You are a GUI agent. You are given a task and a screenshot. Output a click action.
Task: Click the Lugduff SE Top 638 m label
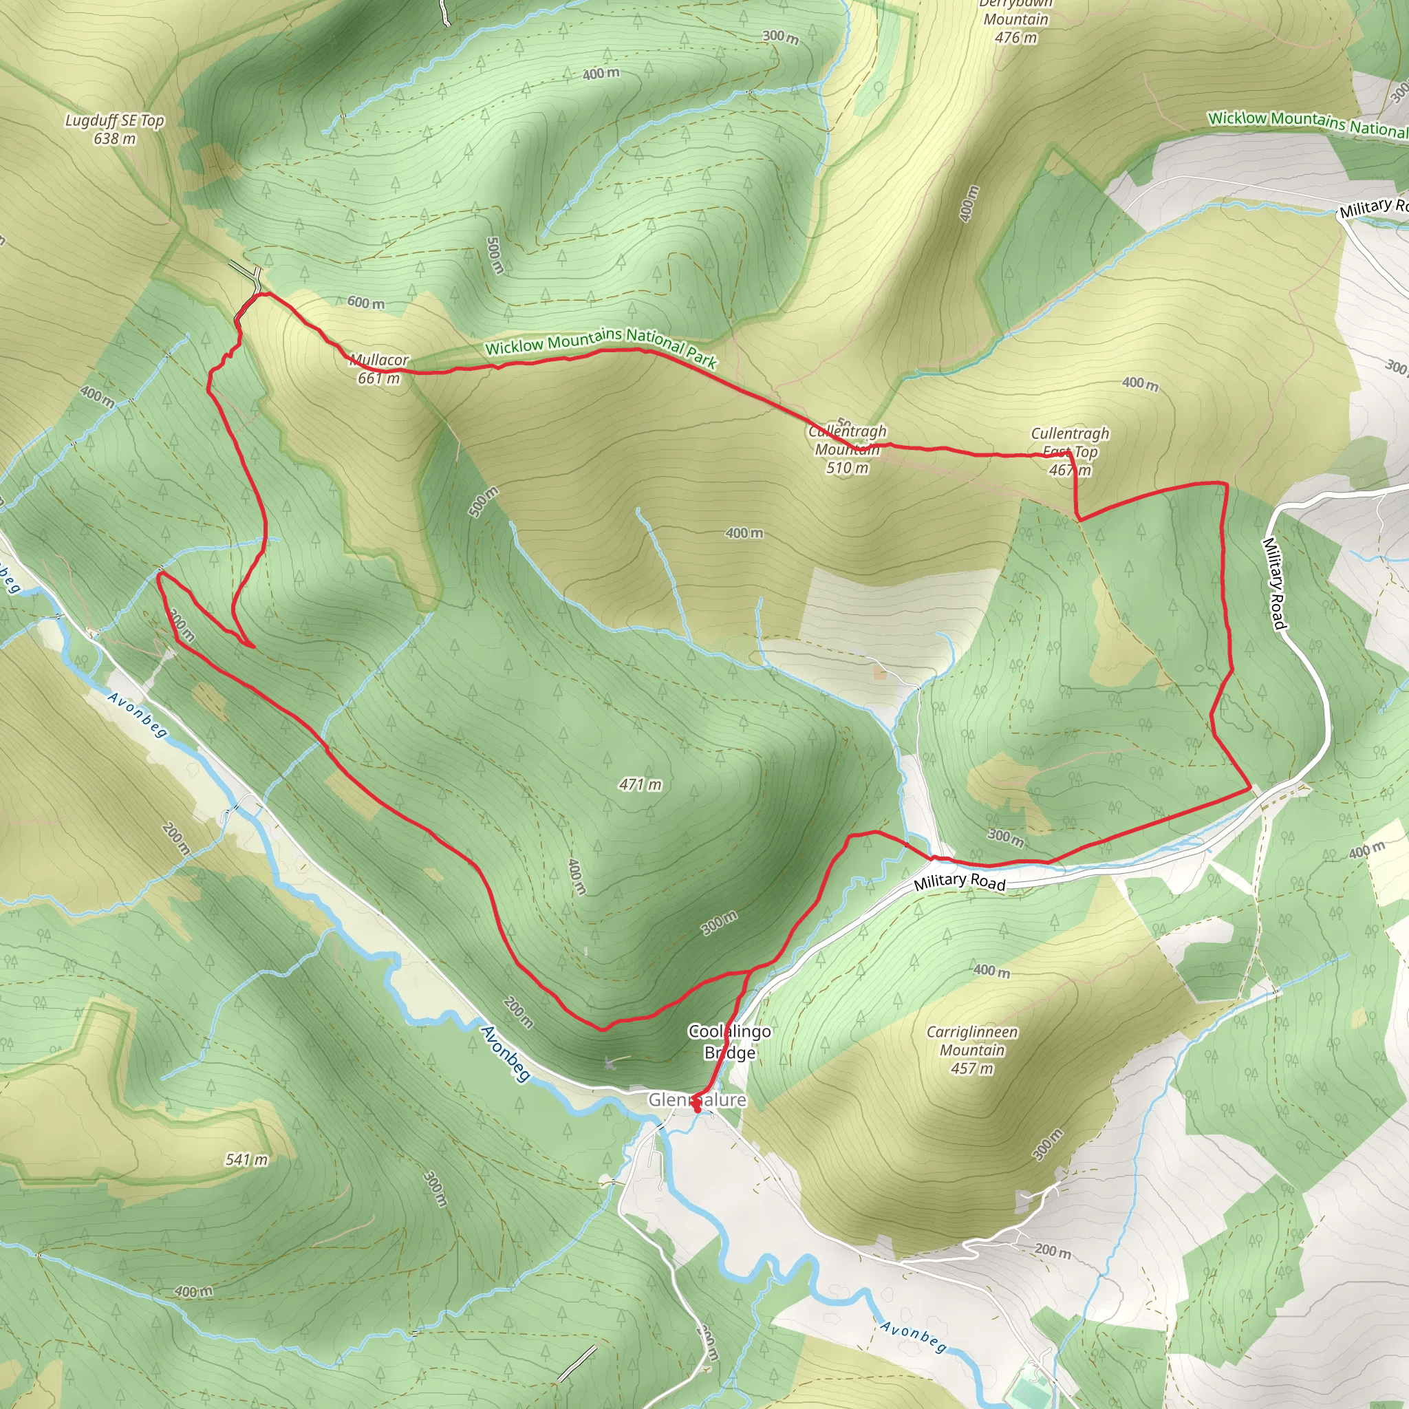tap(114, 129)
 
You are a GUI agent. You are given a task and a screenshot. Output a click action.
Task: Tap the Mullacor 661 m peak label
tap(378, 369)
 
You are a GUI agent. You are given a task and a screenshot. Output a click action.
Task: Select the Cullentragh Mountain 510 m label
tap(847, 449)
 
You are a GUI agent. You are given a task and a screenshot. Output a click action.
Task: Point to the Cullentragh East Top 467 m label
tap(1069, 451)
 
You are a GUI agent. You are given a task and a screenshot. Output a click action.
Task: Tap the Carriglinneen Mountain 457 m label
tap(971, 1050)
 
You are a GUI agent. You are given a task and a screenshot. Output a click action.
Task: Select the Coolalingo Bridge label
tap(729, 1042)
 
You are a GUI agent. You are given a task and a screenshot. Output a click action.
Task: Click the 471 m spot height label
tap(640, 785)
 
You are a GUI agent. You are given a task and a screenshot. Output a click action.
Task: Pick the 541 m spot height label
tap(246, 1159)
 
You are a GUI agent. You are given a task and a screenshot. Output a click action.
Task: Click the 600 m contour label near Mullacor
tap(365, 302)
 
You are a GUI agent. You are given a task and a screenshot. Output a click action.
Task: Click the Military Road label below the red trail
tap(959, 882)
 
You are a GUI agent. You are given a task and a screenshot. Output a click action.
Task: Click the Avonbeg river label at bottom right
tap(912, 1337)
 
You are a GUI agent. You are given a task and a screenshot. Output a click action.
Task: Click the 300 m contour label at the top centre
tap(779, 36)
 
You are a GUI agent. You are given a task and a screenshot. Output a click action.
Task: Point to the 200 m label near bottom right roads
tap(1053, 1251)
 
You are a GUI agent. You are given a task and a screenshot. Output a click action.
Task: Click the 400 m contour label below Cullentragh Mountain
tap(744, 533)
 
